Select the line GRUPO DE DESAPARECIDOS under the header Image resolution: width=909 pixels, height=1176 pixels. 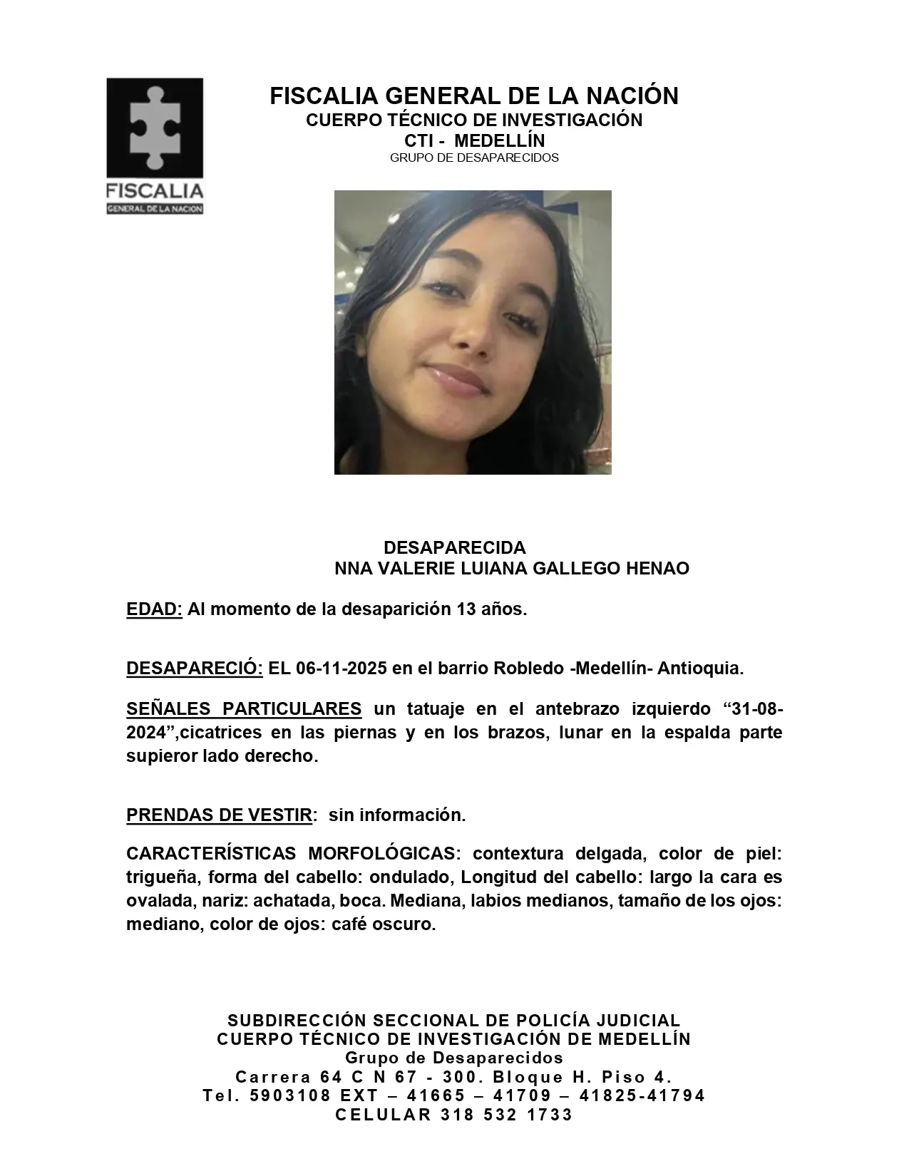474,158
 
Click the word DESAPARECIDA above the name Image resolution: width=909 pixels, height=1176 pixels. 454,547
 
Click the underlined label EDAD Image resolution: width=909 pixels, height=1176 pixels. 154,609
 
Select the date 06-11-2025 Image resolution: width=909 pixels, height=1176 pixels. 341,669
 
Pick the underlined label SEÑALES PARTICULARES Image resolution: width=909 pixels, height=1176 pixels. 244,709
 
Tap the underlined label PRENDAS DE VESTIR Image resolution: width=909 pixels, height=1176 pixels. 219,815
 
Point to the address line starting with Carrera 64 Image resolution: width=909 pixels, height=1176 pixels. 454,1077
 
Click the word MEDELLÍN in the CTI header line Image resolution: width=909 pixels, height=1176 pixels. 499,140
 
